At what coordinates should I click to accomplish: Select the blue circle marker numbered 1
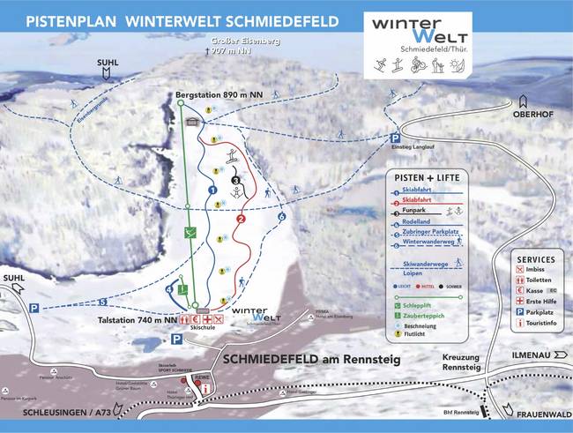pyautogui.click(x=212, y=189)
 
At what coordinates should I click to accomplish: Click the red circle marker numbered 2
pyautogui.click(x=240, y=219)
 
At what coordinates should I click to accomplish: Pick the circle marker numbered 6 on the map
pyautogui.click(x=282, y=216)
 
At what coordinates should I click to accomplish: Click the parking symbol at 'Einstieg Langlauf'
pyautogui.click(x=397, y=138)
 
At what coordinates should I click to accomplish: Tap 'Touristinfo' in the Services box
pyautogui.click(x=541, y=323)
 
